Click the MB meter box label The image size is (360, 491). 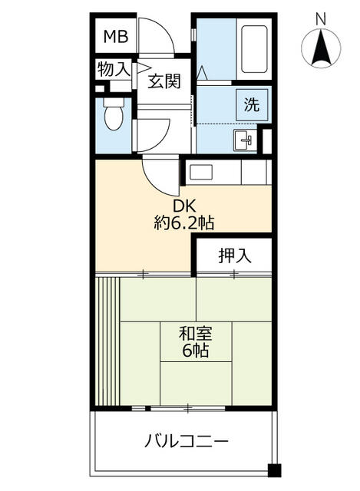[x=116, y=37]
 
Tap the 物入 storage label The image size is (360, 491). [x=114, y=69]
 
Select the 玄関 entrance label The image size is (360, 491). [x=164, y=81]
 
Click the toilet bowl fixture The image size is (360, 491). [x=114, y=114]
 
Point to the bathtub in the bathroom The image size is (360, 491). [x=254, y=49]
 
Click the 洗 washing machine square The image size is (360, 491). [x=252, y=105]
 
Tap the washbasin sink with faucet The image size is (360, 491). [x=244, y=140]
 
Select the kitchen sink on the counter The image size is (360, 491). [x=201, y=173]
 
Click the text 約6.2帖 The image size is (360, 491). [x=184, y=223]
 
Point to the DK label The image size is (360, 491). [x=184, y=206]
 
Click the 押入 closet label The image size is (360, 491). [x=235, y=255]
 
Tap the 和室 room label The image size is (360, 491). [x=196, y=334]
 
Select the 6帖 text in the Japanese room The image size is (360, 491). [x=196, y=351]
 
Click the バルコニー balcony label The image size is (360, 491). [x=187, y=442]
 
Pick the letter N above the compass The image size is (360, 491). [x=321, y=19]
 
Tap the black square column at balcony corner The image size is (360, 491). [x=275, y=470]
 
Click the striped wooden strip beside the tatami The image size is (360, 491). [x=107, y=341]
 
